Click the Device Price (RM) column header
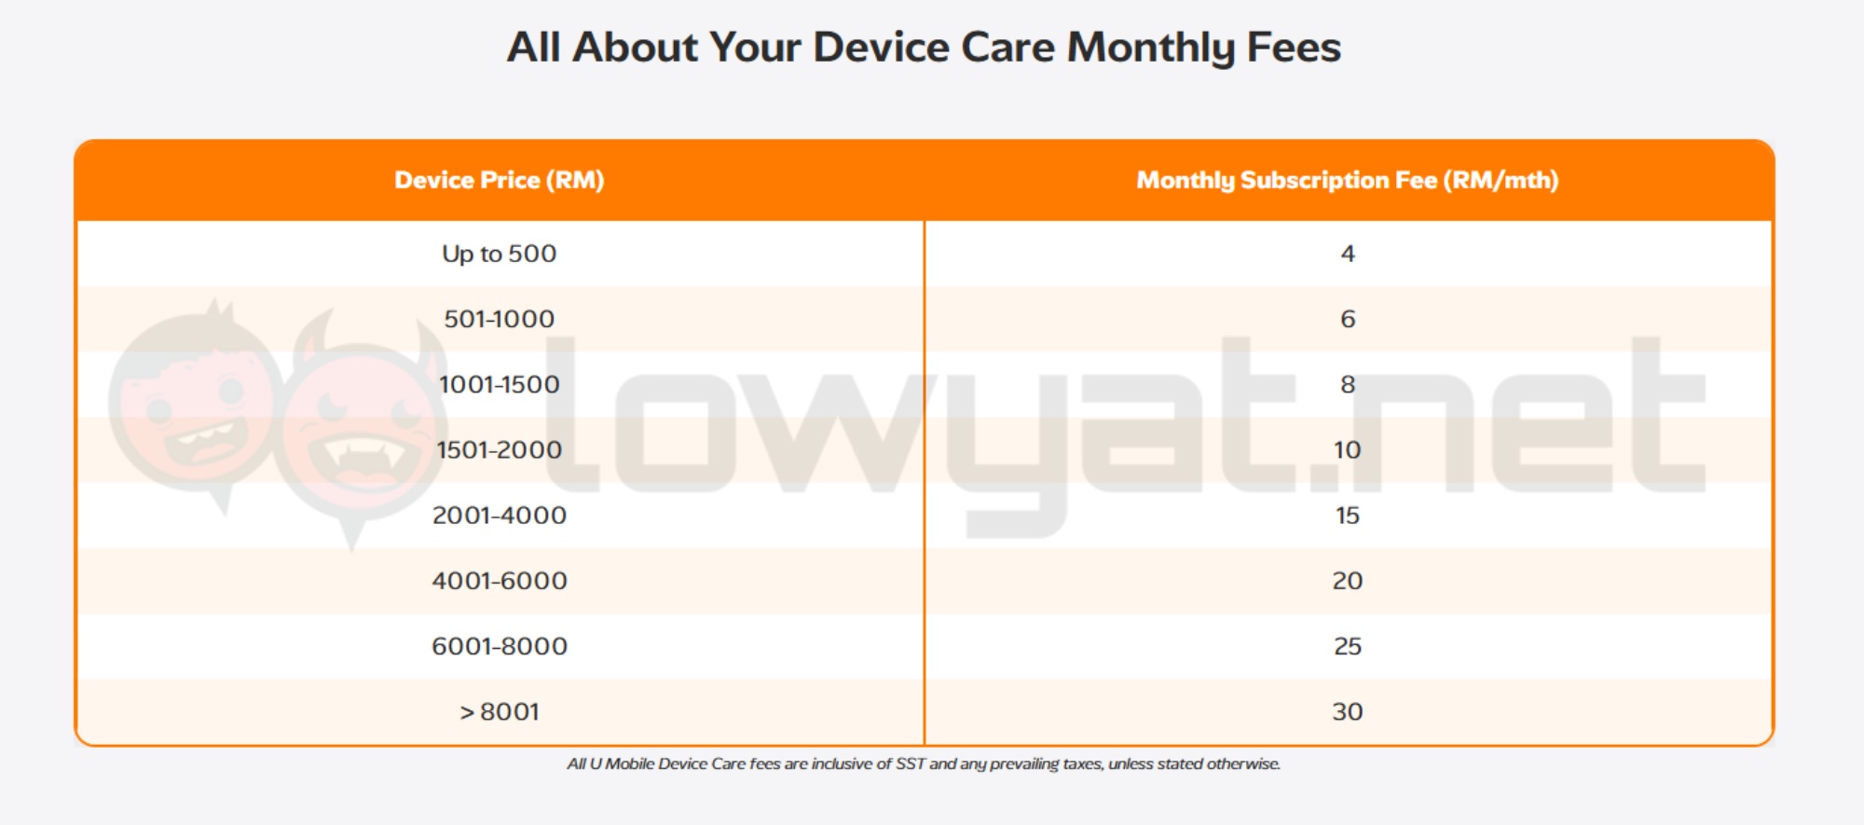pyautogui.click(x=499, y=180)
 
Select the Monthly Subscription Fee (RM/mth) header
pyautogui.click(x=1347, y=180)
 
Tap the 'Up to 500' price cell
pyautogui.click(x=499, y=254)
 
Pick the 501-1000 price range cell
pyautogui.click(x=499, y=319)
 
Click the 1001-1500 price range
pyautogui.click(x=499, y=384)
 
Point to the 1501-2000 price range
pyautogui.click(x=499, y=449)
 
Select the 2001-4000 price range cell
pyautogui.click(x=499, y=516)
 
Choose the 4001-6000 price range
pyautogui.click(x=499, y=581)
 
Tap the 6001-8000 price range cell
pyautogui.click(x=499, y=646)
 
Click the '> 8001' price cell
pyautogui.click(x=499, y=712)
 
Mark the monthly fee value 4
pyautogui.click(x=1347, y=254)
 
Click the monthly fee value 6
pyautogui.click(x=1347, y=319)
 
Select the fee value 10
pyautogui.click(x=1347, y=449)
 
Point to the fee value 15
pyautogui.click(x=1347, y=516)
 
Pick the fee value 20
pyautogui.click(x=1347, y=581)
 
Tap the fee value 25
pyautogui.click(x=1347, y=646)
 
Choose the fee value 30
pyautogui.click(x=1347, y=712)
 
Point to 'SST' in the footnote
pyautogui.click(x=910, y=764)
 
